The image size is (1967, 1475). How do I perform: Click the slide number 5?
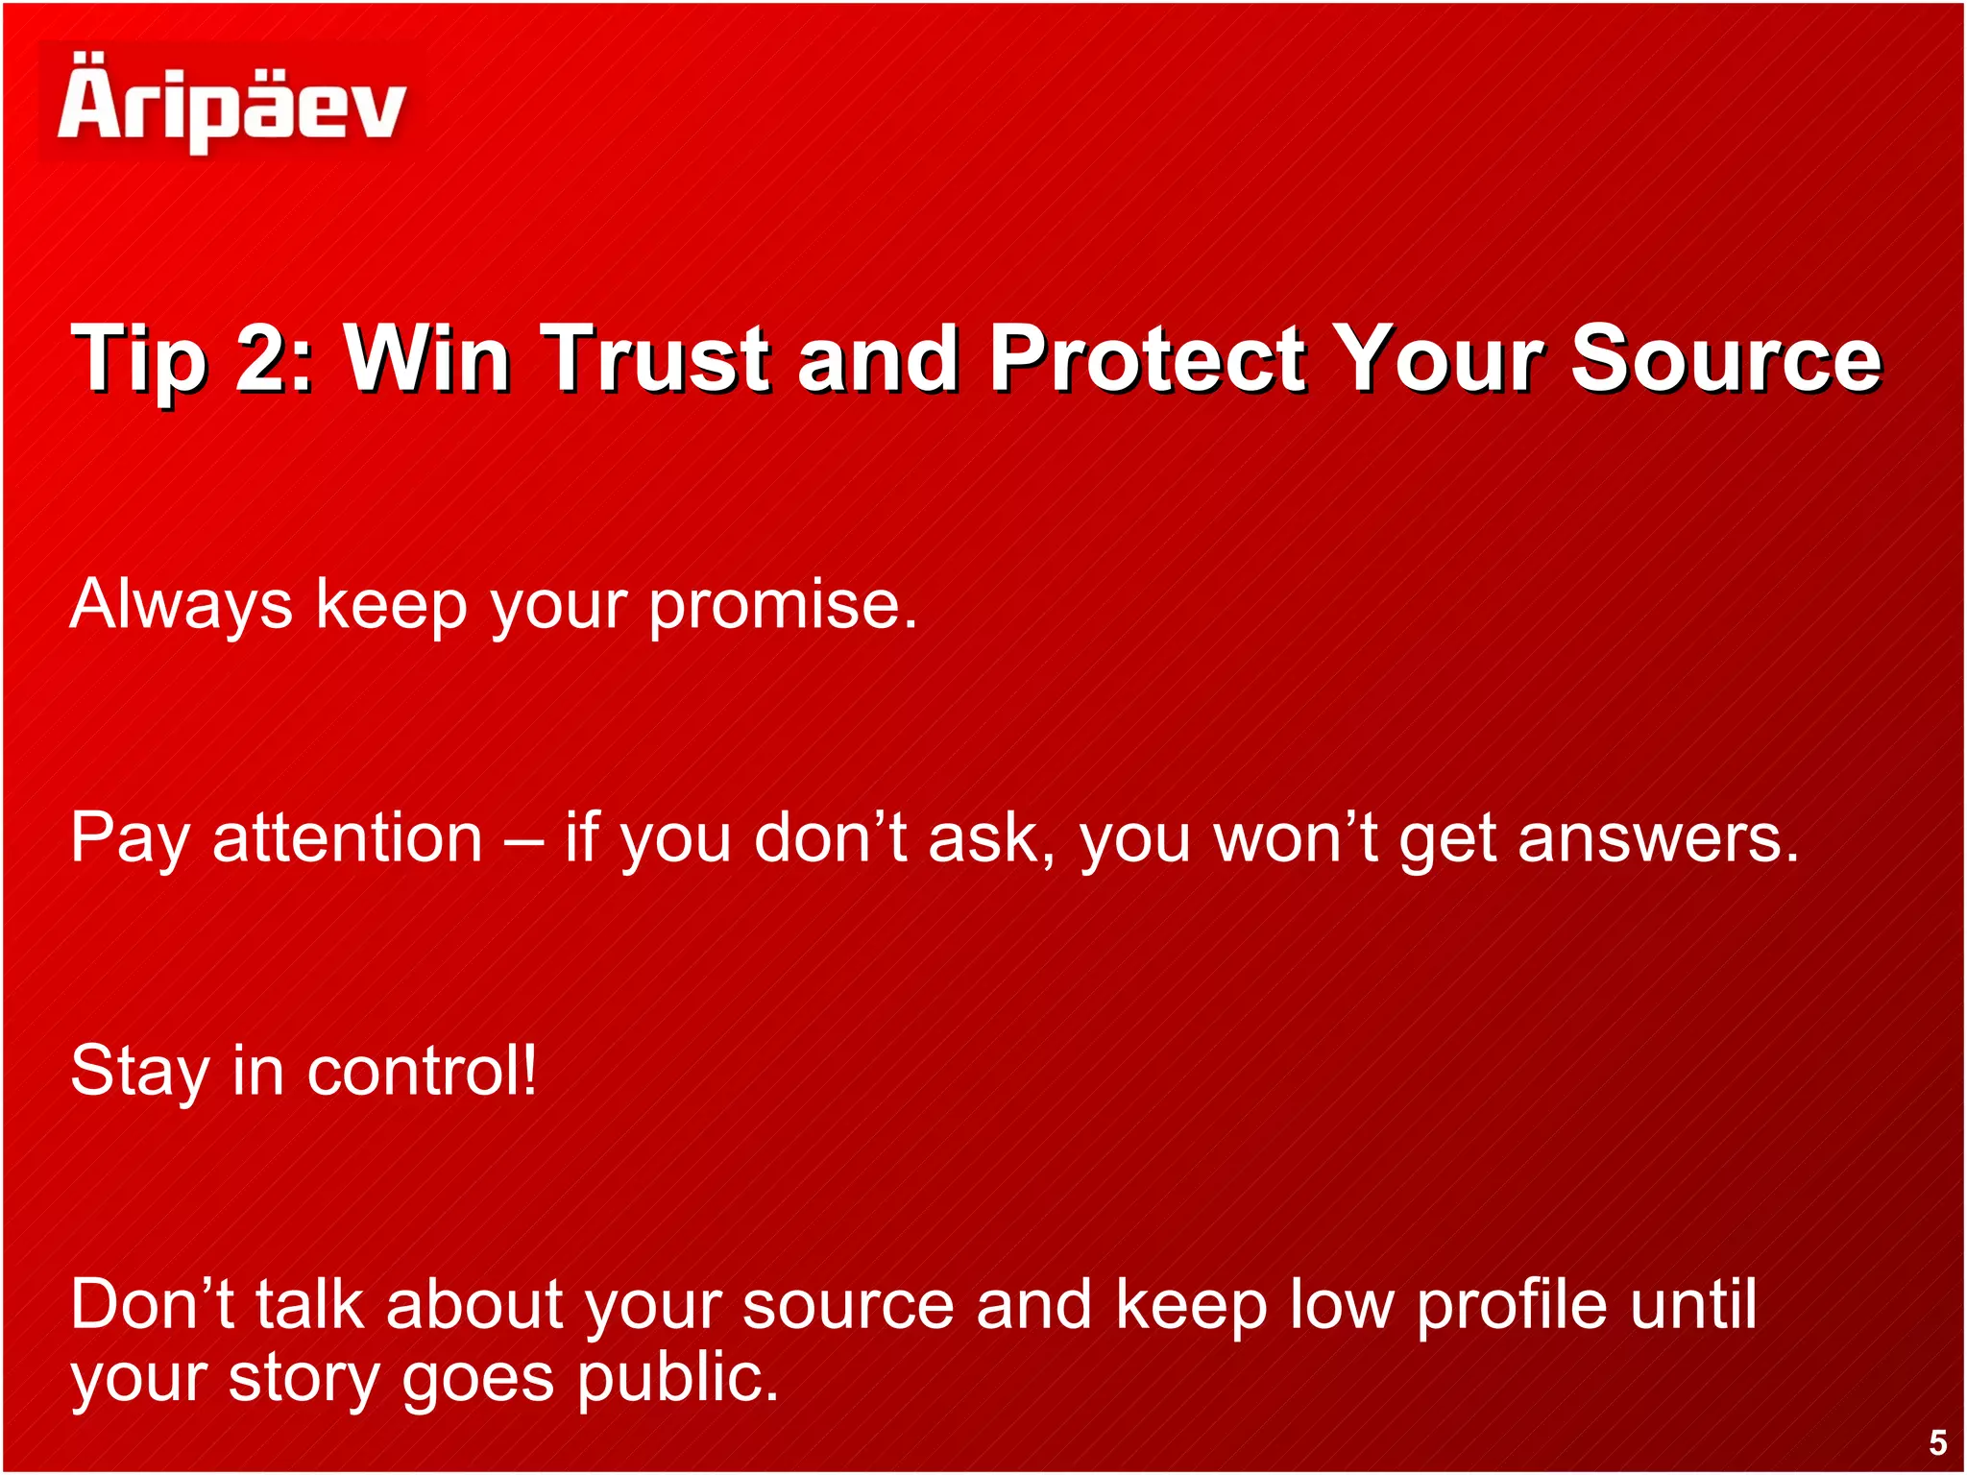1937,1442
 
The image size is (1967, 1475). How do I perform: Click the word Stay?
140,1072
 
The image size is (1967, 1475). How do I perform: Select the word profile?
1512,1306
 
